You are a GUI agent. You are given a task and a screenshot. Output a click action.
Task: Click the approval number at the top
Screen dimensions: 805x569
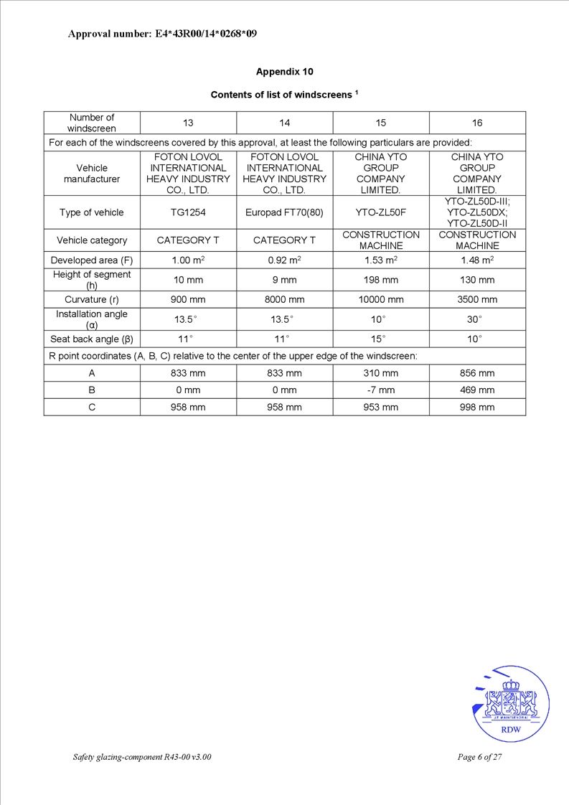(162, 34)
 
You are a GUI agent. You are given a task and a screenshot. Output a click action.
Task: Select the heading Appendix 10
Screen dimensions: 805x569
(284, 72)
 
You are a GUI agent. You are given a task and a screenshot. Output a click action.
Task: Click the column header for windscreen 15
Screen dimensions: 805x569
(381, 123)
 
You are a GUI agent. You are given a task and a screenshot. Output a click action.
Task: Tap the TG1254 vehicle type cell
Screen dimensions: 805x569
(188, 212)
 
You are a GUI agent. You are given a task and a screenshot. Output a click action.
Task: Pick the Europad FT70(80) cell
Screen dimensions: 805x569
(284, 212)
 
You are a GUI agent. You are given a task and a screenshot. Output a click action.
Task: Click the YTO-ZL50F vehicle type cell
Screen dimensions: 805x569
(381, 212)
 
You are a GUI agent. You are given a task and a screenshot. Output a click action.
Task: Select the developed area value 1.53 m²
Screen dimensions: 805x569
(381, 260)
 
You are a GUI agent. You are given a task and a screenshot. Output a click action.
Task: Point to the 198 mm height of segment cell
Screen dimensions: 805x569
(381, 280)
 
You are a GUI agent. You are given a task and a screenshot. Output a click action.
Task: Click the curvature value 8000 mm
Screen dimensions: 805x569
(284, 299)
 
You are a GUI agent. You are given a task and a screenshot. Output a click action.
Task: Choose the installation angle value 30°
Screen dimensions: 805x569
(477, 319)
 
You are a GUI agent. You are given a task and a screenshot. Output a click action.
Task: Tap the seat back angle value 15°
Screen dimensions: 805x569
(381, 339)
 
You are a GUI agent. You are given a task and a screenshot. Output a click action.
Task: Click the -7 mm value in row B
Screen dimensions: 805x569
(381, 390)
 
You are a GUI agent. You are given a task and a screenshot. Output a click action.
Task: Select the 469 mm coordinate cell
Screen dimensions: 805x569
(477, 390)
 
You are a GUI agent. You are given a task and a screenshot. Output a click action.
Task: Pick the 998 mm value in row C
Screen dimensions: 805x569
(477, 408)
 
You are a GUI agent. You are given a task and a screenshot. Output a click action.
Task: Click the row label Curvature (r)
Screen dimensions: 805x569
(92, 299)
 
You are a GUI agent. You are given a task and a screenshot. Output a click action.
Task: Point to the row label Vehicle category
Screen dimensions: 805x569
(92, 240)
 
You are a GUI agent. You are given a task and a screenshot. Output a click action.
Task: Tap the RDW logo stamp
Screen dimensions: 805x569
(511, 705)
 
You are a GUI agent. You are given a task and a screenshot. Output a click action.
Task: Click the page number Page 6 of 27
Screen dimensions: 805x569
(479, 758)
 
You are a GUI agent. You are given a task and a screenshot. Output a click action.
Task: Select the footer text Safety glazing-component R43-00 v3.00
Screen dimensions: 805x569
(142, 758)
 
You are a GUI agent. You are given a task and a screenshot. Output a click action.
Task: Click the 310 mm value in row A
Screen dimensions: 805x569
(381, 373)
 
